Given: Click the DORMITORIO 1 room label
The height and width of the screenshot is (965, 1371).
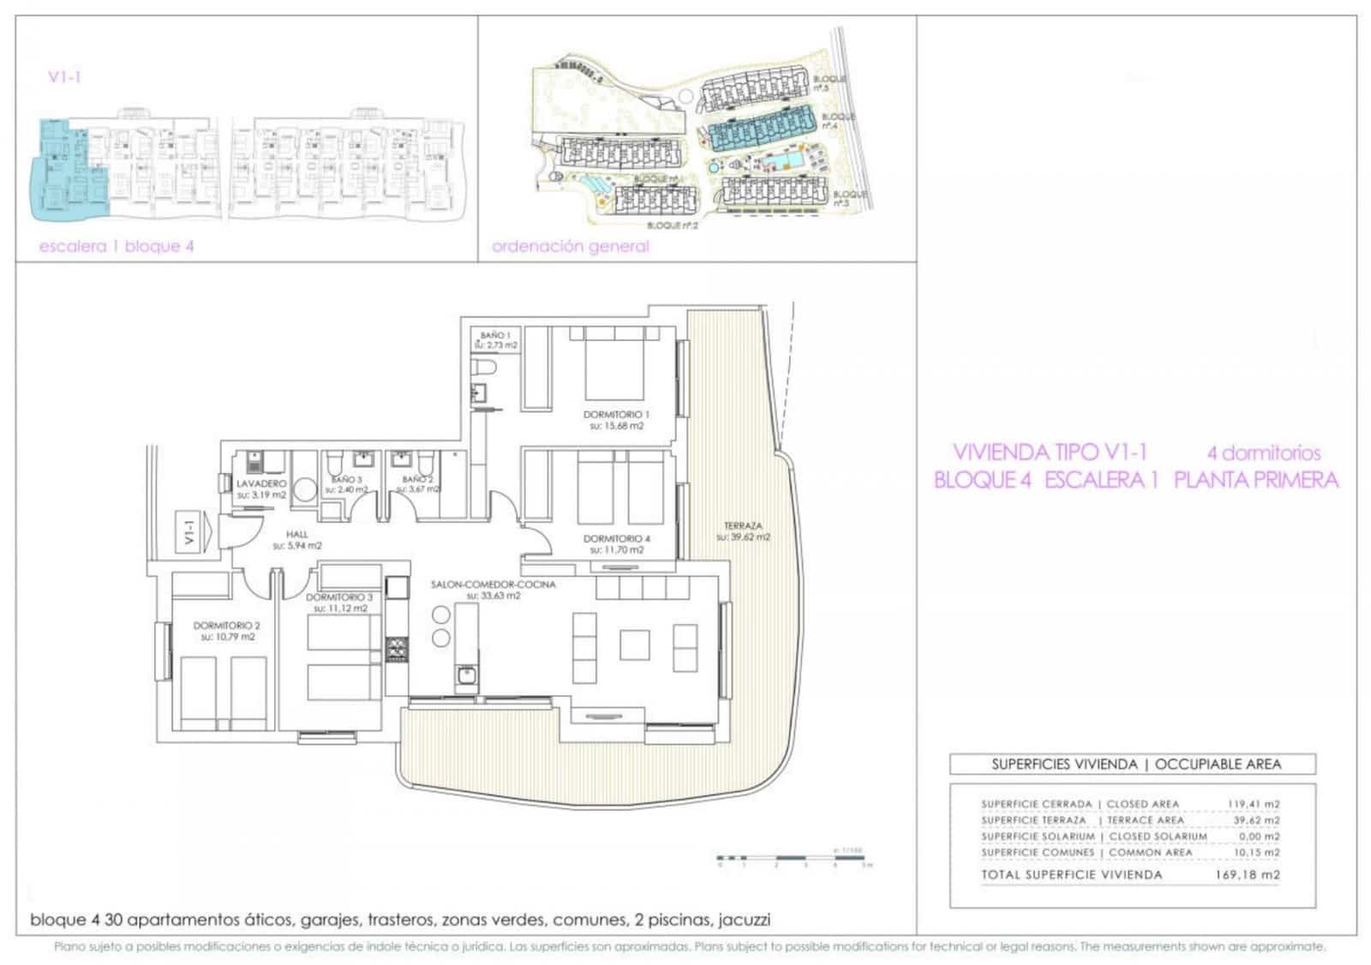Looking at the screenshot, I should [616, 414].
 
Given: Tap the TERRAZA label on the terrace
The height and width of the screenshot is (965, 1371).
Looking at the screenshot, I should [743, 526].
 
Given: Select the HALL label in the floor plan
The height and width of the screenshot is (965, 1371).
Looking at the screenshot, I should [297, 534].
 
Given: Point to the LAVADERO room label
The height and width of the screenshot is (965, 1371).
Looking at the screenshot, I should [261, 483].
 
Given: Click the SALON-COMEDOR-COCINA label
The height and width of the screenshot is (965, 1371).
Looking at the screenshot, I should [493, 584].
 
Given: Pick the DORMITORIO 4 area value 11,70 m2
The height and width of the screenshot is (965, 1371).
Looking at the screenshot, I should [617, 550].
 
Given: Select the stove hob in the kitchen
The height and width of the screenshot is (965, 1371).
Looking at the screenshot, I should [396, 648].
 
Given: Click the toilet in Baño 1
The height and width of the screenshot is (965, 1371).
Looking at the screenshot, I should [486, 369].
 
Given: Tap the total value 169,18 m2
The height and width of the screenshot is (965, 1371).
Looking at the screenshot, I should [1247, 875].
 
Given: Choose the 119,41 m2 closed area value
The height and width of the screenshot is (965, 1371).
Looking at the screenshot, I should [1253, 804].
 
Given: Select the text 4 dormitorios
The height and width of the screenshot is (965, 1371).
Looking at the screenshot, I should [1264, 453].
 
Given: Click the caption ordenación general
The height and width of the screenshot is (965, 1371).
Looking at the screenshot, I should [570, 247].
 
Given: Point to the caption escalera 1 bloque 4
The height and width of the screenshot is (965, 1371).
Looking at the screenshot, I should [117, 247].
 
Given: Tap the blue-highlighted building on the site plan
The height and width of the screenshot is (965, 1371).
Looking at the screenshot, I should [759, 132].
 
